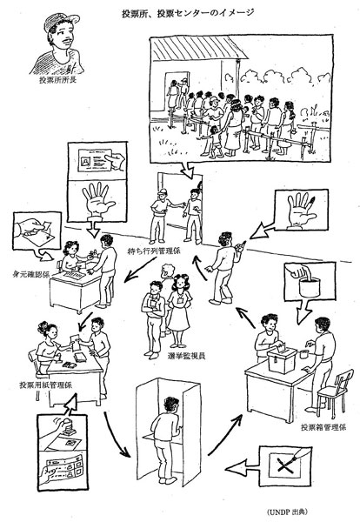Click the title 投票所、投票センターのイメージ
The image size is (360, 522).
click(188, 13)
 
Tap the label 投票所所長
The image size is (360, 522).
click(57, 80)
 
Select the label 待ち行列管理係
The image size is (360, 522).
click(156, 251)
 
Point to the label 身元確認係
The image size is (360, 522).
click(30, 275)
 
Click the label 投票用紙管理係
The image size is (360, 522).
click(45, 385)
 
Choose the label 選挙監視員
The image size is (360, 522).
click(187, 356)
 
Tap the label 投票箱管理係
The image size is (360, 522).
click(323, 427)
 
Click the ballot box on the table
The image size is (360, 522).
click(282, 360)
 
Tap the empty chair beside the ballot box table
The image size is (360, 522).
click(335, 393)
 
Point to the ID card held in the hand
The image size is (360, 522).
click(95, 160)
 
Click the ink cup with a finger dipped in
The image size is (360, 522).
click(310, 286)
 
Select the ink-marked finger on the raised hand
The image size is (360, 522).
click(312, 201)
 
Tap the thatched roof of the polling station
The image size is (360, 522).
click(200, 48)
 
